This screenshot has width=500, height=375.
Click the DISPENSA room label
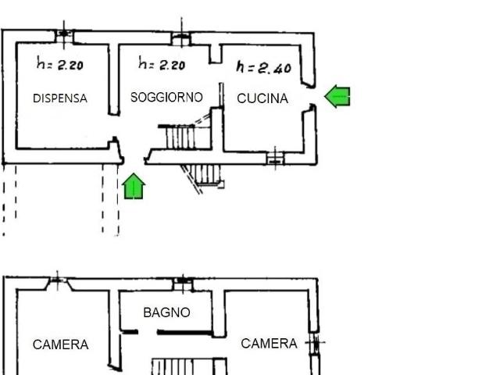60,98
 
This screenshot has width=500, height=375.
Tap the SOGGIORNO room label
166,98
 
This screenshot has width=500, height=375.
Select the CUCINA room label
262,98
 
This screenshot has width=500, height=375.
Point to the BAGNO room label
166,312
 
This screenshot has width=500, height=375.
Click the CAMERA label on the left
60,345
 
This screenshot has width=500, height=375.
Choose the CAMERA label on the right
269,343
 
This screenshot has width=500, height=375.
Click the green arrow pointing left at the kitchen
337,96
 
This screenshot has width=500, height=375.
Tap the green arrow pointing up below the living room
134,186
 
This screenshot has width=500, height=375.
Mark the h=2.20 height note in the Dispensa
60,65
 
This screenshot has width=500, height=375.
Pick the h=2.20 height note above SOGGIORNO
161,64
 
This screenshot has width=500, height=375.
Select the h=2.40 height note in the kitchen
263,68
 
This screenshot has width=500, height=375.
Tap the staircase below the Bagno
173,366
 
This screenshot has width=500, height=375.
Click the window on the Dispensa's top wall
64,34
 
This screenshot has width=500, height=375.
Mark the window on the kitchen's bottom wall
275,158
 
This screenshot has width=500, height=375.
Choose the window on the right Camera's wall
315,342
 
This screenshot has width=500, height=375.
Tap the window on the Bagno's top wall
182,280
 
